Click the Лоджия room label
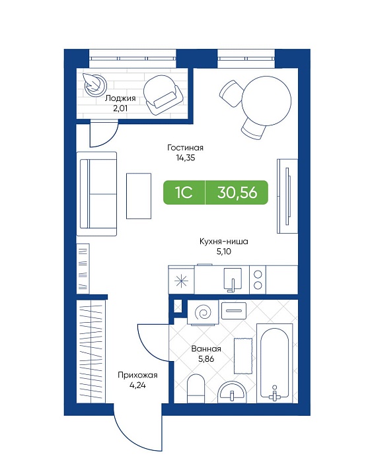tap(120, 98)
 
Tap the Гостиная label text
tap(185, 148)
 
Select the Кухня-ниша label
tap(224, 242)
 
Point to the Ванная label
tap(206, 349)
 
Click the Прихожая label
tap(137, 376)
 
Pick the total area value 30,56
tap(237, 193)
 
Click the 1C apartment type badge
tap(184, 193)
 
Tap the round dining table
tap(266, 100)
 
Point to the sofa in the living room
tap(96, 194)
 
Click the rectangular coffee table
tap(139, 196)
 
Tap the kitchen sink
tap(233, 279)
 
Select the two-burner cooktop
tap(258, 280)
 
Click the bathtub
tap(274, 363)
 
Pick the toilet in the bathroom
tap(196, 389)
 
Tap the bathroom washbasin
tap(232, 391)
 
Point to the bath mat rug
tap(243, 356)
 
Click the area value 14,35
tap(185, 158)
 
